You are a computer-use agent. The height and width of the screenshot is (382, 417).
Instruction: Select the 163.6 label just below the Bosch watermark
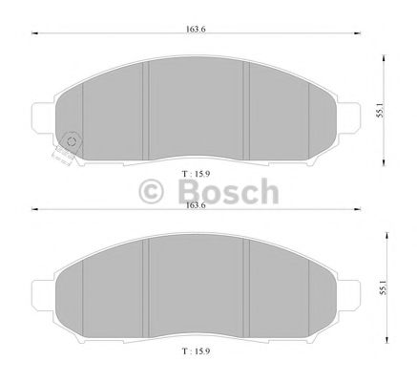click(x=195, y=205)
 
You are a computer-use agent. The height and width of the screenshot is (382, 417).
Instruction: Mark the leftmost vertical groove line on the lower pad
click(x=83, y=291)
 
